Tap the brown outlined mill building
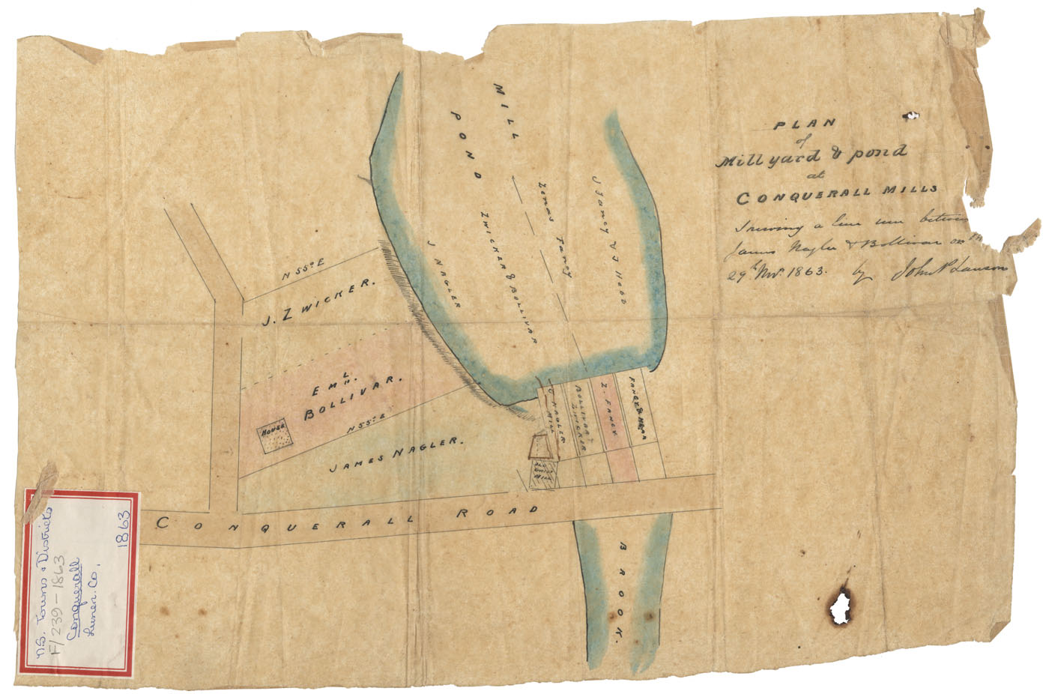pyautogui.click(x=541, y=447)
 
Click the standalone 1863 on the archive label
pyautogui.click(x=124, y=534)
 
